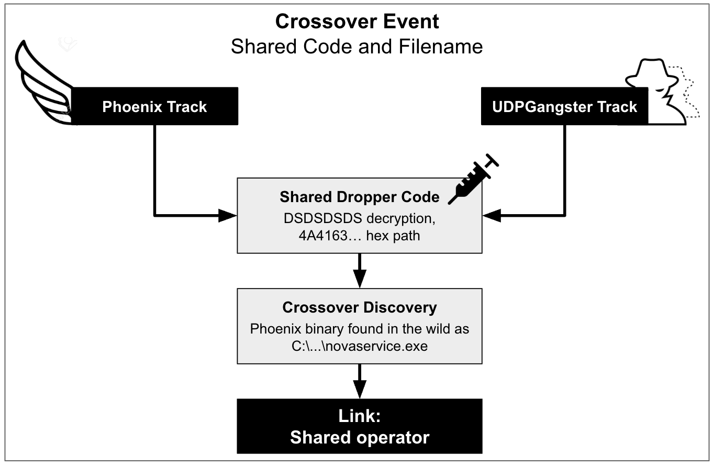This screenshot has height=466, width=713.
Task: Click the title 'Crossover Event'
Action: click(x=357, y=21)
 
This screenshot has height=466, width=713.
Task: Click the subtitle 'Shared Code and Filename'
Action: click(x=357, y=47)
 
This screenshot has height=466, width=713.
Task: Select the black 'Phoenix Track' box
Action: click(x=154, y=107)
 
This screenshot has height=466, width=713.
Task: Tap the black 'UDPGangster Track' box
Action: click(x=564, y=107)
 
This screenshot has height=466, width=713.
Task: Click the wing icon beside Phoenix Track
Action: click(x=42, y=84)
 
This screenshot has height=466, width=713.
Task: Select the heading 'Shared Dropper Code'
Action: click(x=359, y=197)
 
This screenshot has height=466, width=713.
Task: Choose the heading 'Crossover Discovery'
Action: click(x=359, y=307)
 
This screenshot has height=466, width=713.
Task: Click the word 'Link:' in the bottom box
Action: click(x=359, y=416)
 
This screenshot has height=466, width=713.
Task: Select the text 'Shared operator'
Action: click(x=359, y=437)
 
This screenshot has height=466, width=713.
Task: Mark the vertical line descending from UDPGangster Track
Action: click(x=564, y=168)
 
